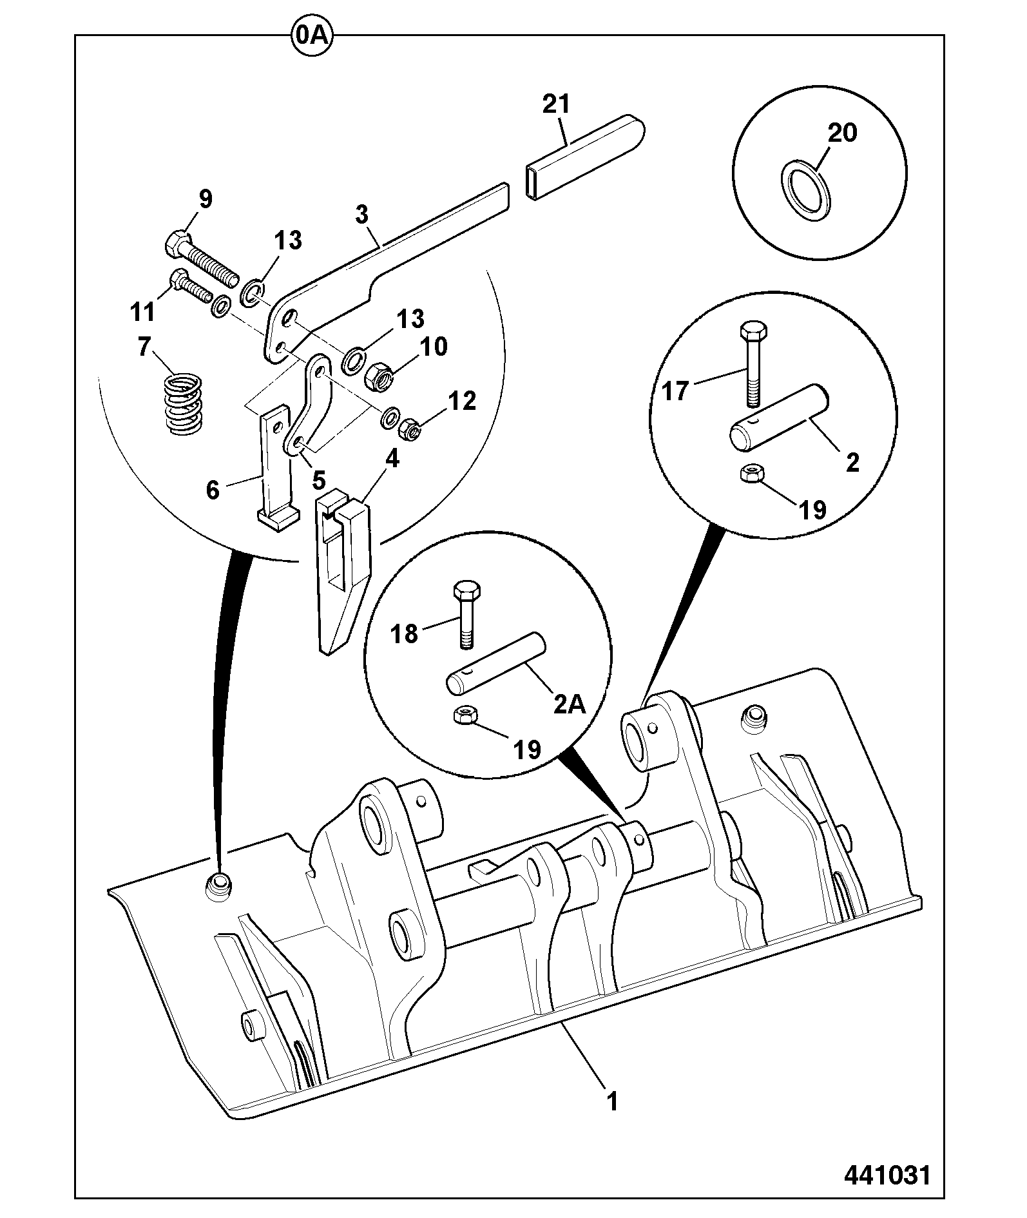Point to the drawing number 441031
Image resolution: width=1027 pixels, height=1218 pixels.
[887, 1175]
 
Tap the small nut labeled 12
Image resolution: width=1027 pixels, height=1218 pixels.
[410, 429]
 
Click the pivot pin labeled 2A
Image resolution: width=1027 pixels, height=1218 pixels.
[495, 664]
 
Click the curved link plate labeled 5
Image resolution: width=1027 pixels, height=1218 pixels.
[308, 404]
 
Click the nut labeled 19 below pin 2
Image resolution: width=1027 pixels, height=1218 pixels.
[750, 473]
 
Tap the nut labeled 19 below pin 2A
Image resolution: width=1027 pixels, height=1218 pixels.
[464, 716]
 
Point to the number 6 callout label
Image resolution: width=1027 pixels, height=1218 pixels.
[213, 490]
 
